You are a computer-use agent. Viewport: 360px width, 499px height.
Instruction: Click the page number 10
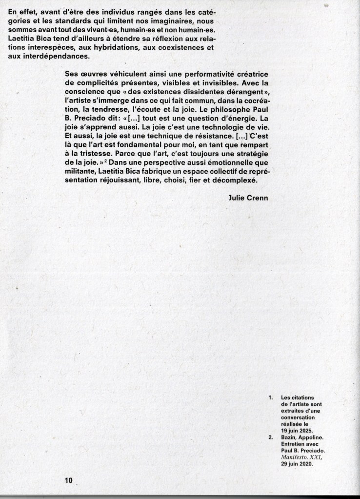[68, 480]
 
